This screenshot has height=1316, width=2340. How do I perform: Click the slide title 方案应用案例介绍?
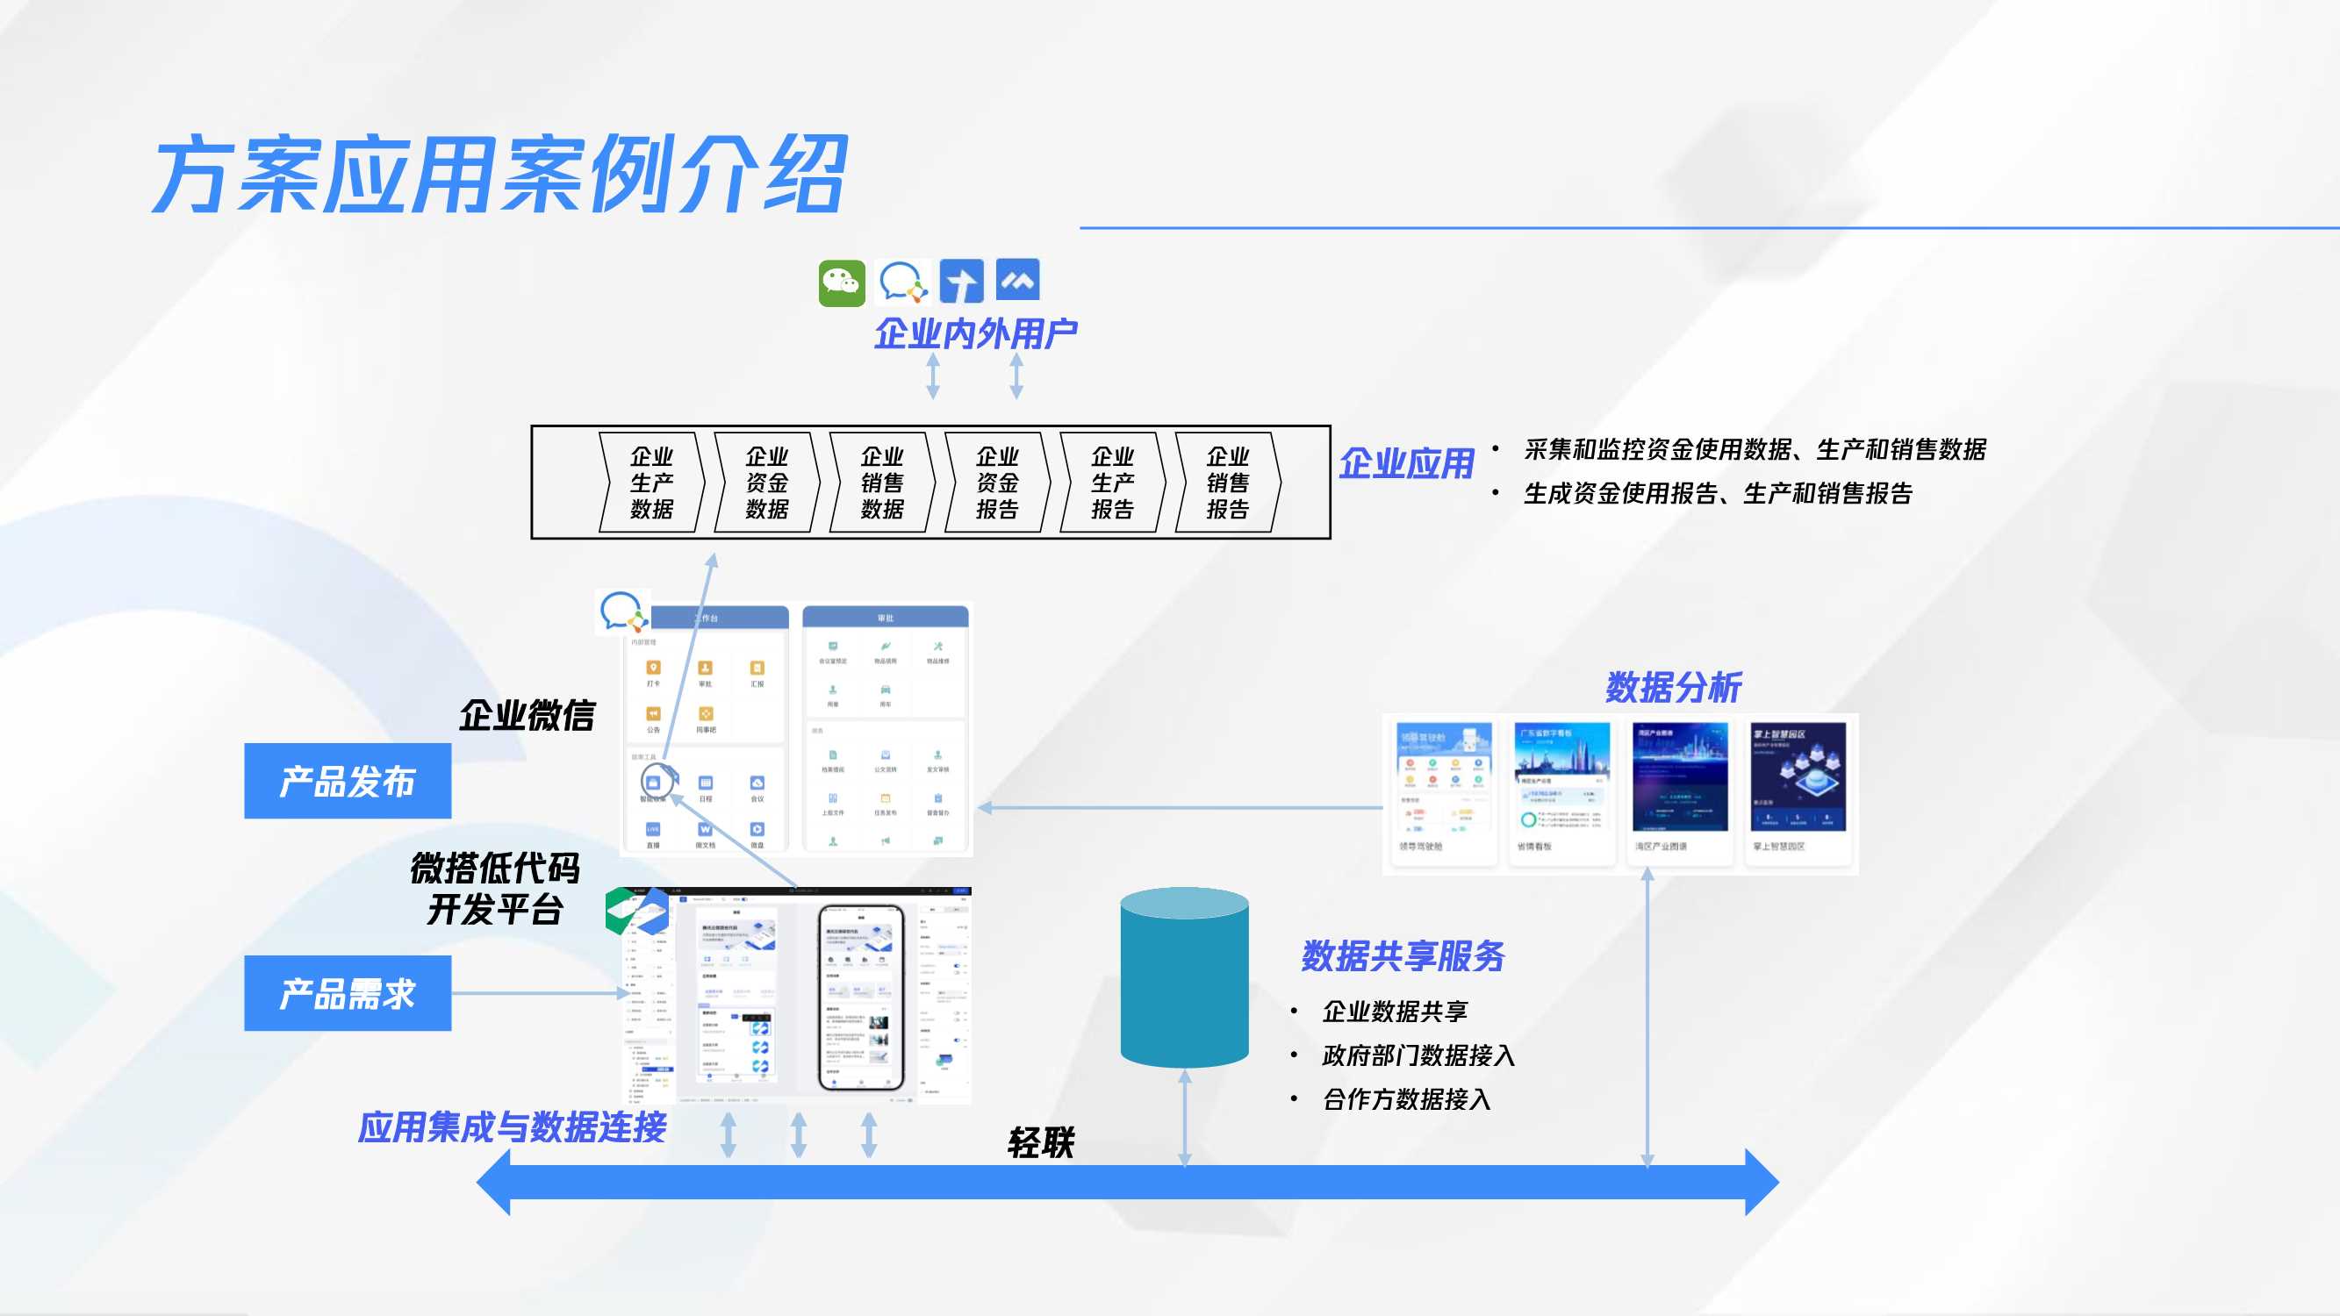(x=499, y=175)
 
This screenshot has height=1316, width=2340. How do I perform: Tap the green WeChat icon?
(x=841, y=283)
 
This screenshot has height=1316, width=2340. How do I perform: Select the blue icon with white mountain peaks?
(x=1017, y=280)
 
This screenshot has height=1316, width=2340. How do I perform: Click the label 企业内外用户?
(x=974, y=334)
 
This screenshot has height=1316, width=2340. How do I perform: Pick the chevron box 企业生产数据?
(x=651, y=483)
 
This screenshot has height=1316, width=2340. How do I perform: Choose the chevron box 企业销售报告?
(x=1227, y=483)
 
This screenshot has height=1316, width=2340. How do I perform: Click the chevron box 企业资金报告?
(x=996, y=483)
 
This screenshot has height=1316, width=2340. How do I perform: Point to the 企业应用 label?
(x=1405, y=464)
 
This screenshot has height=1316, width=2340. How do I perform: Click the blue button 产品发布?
(x=347, y=781)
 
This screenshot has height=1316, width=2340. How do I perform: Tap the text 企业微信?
(x=527, y=716)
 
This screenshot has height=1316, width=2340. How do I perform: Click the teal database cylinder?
(x=1184, y=977)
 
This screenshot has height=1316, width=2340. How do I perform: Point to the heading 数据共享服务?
(x=1403, y=956)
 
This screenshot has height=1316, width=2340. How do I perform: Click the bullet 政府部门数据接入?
(x=1418, y=1055)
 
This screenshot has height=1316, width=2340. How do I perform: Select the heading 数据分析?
(x=1672, y=688)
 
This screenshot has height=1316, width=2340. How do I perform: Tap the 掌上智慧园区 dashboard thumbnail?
(x=1798, y=789)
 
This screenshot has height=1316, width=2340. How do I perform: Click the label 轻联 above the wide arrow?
(x=1041, y=1142)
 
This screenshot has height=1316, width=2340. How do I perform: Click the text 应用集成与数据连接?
(x=513, y=1127)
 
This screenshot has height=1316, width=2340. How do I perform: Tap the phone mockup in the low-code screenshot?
(x=860, y=998)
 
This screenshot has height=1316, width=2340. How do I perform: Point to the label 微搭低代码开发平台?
(x=495, y=888)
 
